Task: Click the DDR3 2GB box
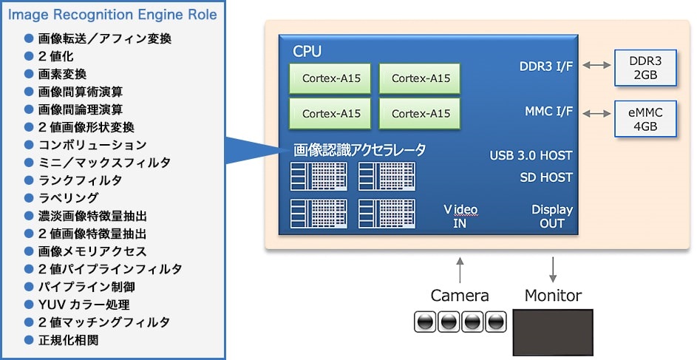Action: click(x=645, y=67)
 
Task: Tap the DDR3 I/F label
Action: click(x=545, y=67)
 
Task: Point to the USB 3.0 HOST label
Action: click(x=531, y=156)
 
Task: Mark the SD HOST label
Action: click(x=545, y=177)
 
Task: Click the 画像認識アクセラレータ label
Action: click(x=359, y=150)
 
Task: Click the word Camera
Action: click(x=460, y=296)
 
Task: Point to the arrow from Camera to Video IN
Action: click(x=460, y=269)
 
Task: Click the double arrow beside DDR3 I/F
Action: click(x=596, y=67)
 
